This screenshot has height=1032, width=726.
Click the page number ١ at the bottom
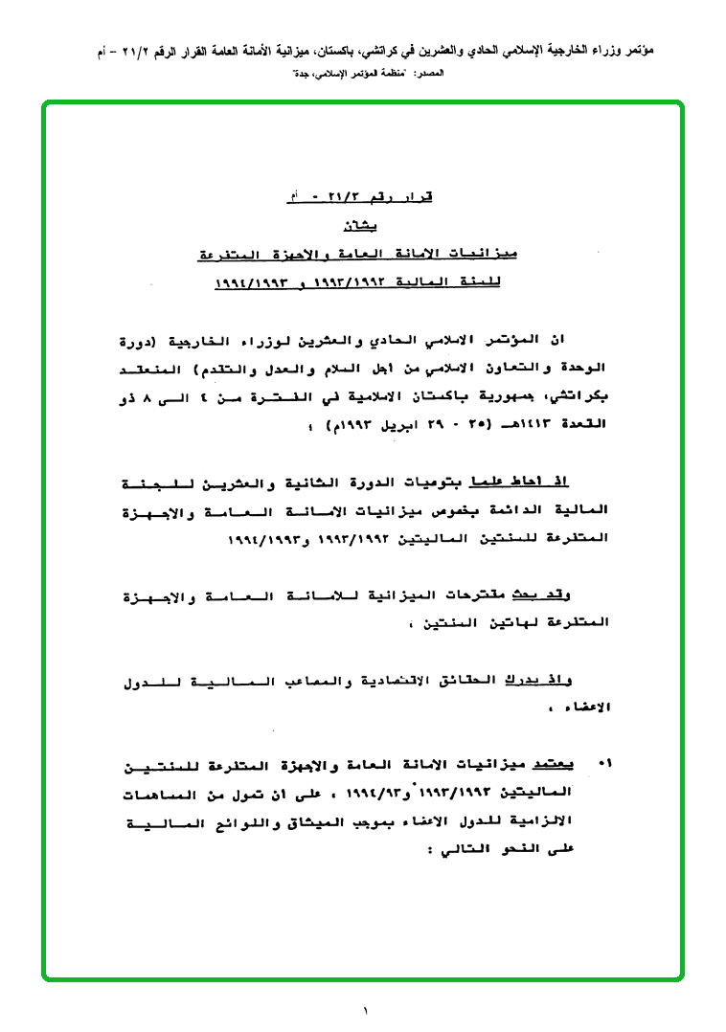coord(365,1010)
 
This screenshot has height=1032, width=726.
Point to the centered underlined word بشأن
coord(361,227)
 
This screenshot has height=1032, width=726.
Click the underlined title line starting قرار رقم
coord(361,197)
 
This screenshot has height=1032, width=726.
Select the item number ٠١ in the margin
coord(603,764)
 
